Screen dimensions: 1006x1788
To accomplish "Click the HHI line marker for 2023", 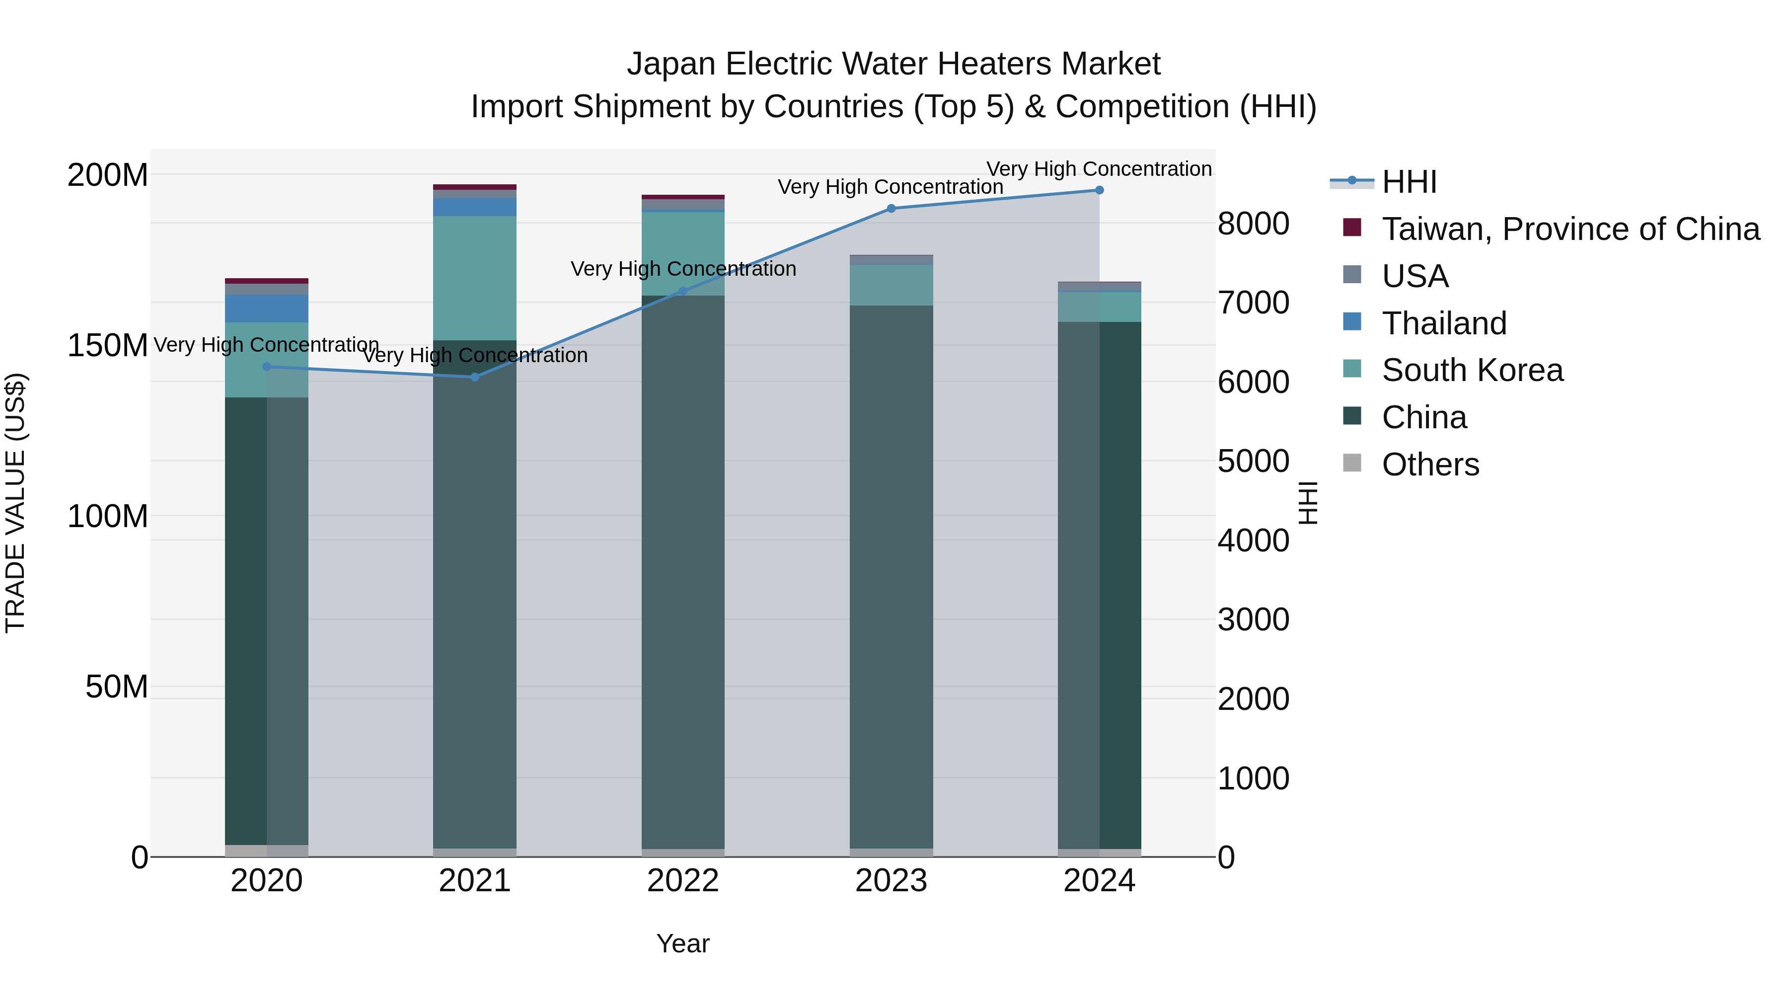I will (x=891, y=208).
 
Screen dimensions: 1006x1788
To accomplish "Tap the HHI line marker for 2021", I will (x=475, y=377).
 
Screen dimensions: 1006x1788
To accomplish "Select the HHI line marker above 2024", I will (x=1100, y=190).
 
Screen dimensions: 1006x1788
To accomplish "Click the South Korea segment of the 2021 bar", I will (x=475, y=278).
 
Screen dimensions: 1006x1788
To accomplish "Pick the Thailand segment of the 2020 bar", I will (x=267, y=308).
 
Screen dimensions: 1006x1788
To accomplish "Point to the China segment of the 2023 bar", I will (x=891, y=576).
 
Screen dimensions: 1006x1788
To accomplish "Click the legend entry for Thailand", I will (x=1444, y=323).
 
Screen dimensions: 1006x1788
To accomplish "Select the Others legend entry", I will (x=1430, y=464).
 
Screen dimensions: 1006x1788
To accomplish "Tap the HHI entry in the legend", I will (x=1409, y=182).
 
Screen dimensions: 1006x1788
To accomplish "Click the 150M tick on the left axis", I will (x=108, y=345).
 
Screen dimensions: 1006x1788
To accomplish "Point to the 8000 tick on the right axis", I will (x=1254, y=224).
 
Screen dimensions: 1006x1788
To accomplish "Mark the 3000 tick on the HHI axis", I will (x=1254, y=619).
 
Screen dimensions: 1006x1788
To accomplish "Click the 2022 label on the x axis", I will (x=683, y=881).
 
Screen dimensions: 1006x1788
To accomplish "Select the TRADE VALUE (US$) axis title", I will (x=15, y=503).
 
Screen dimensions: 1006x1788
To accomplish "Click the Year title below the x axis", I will (x=683, y=943).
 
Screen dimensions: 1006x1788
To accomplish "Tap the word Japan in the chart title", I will (x=670, y=64).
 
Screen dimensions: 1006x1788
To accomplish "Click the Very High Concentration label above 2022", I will (x=683, y=269).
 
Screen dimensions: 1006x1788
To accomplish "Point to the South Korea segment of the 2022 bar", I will (x=683, y=253).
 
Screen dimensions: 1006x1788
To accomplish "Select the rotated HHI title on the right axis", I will (x=1308, y=503).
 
